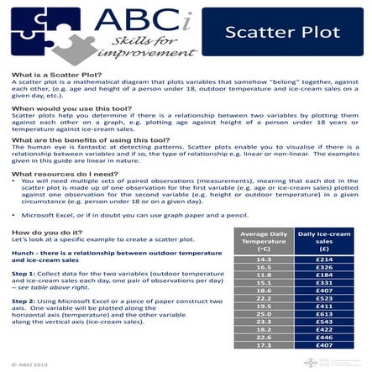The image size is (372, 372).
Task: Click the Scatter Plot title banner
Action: tap(281, 34)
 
